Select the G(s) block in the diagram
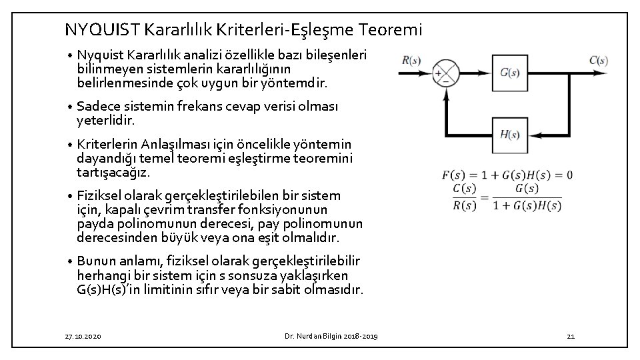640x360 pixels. tap(509, 72)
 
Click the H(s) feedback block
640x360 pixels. tap(509, 133)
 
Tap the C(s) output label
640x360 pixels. tap(598, 60)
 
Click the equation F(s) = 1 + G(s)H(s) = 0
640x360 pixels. tap(507, 175)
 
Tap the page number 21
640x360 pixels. tap(570, 337)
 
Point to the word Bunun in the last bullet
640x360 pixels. tap(95, 260)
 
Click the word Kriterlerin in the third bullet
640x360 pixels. tap(105, 145)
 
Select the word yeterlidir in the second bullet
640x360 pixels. tap(105, 120)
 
